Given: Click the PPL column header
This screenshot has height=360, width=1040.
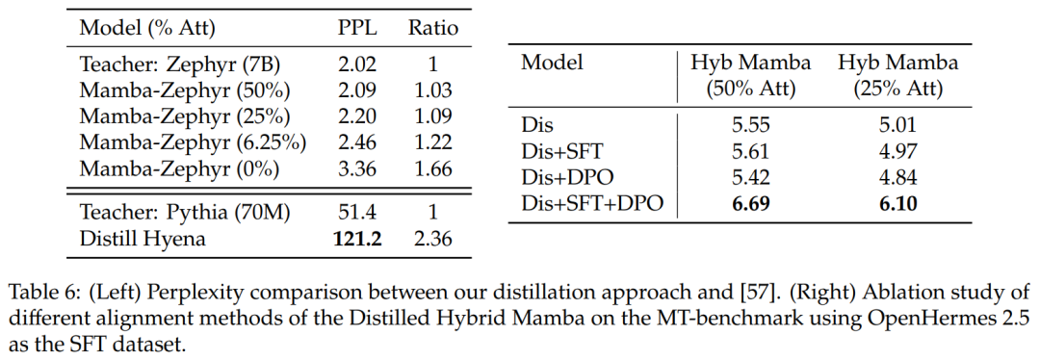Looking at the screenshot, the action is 357,28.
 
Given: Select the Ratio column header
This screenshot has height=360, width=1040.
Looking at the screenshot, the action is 433,28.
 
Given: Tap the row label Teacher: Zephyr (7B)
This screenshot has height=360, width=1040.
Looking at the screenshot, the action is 180,64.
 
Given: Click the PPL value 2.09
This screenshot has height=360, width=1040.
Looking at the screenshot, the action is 357,90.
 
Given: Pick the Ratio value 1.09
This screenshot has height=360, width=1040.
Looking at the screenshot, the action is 433,116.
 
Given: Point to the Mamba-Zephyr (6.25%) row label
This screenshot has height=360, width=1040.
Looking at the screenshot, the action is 193,141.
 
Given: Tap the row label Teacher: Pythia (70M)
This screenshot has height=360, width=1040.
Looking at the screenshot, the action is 185,212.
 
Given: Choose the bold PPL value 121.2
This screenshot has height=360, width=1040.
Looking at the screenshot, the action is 357,238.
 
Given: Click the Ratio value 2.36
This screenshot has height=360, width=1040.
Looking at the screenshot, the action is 433,238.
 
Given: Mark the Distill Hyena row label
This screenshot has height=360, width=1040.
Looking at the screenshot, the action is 143,238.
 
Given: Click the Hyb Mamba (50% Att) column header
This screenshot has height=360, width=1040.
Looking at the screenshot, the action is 751,76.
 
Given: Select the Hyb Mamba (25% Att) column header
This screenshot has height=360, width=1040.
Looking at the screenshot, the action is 898,76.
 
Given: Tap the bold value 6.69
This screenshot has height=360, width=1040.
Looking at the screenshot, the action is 751,203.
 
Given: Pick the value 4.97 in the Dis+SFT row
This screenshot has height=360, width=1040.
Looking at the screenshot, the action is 898,151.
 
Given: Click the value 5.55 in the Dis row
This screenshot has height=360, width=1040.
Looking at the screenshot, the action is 751,125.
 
